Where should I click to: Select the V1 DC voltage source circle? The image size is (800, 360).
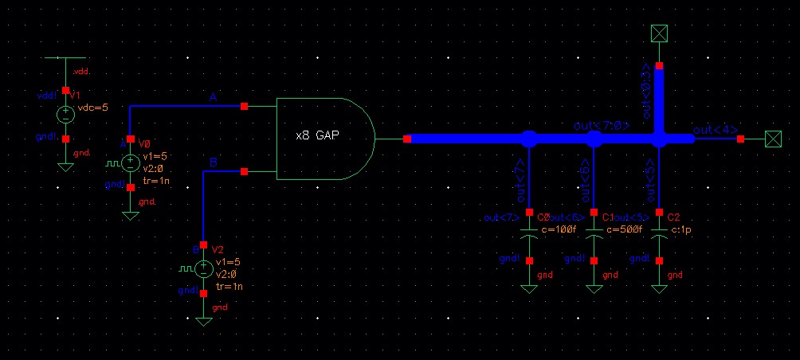click(65, 115)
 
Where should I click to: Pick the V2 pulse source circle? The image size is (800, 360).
click(204, 269)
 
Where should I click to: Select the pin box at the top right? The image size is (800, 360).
click(659, 33)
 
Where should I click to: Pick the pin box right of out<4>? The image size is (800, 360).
click(771, 139)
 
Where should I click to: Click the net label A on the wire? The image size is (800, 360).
click(213, 97)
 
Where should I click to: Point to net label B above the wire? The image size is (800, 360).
click(213, 162)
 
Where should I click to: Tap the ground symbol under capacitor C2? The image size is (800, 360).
click(659, 287)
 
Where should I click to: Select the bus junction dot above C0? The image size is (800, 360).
click(528, 139)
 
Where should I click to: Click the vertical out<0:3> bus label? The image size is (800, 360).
click(647, 93)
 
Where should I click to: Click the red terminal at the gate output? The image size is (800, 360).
click(407, 139)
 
